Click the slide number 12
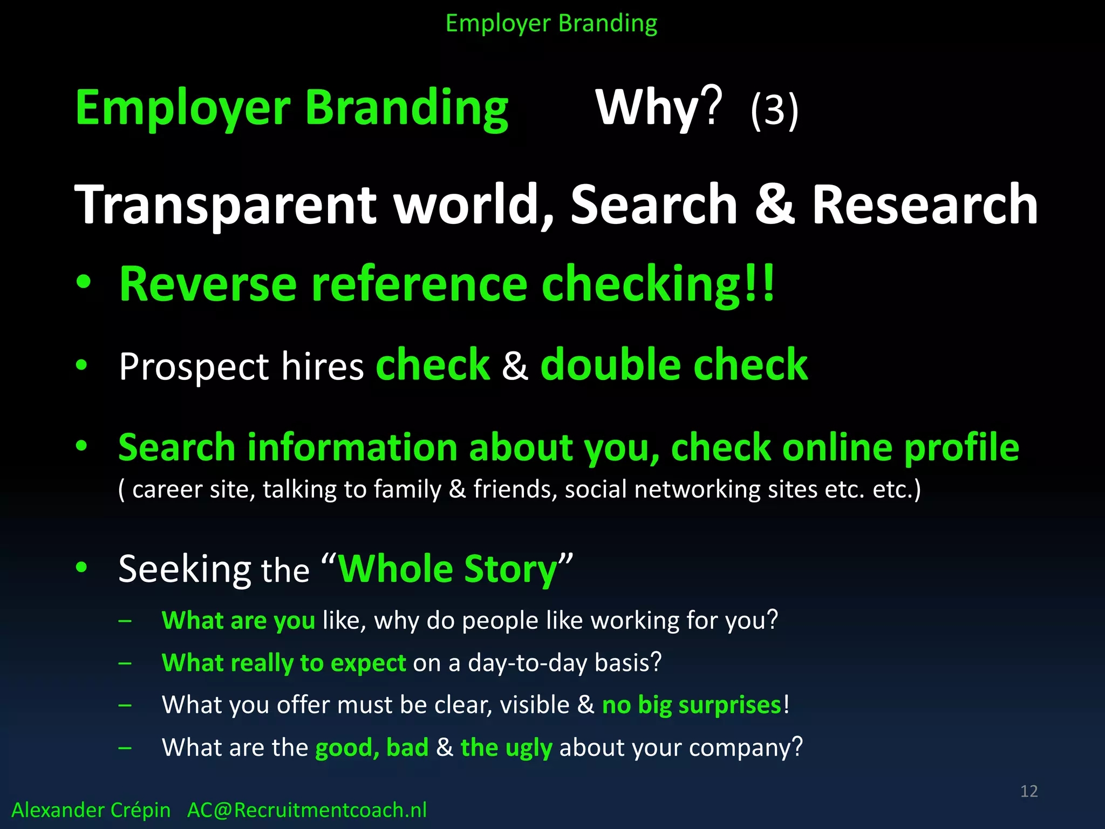click(1028, 791)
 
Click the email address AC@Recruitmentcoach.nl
click(306, 810)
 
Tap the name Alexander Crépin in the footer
click(91, 810)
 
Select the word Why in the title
click(647, 108)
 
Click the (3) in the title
click(774, 110)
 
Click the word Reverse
click(208, 284)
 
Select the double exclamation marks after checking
click(760, 283)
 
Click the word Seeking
click(185, 570)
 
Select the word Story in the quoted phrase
click(510, 570)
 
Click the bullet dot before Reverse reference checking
click(83, 282)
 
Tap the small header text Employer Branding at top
click(551, 24)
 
